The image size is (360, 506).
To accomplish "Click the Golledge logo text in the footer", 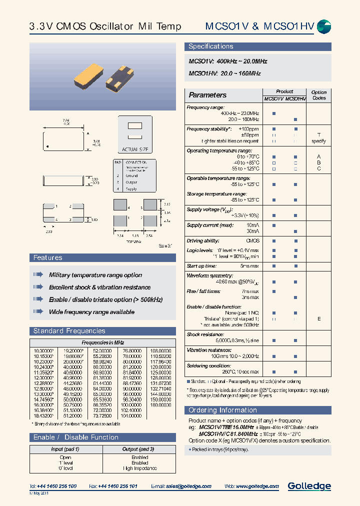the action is tap(309, 485).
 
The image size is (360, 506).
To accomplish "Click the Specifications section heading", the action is tap(210, 46).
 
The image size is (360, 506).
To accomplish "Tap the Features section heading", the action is tap(47, 257).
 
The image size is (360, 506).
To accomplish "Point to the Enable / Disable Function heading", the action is tap(75, 437).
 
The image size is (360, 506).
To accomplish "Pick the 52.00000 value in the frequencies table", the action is tap(102, 350).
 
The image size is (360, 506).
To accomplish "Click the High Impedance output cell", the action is tap(139, 468).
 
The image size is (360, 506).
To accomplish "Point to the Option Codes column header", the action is tap(318, 95).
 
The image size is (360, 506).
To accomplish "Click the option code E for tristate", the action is tap(319, 318).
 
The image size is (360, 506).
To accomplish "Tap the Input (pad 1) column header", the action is tap(65, 449).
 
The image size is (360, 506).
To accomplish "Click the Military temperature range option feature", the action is tap(95, 275).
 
